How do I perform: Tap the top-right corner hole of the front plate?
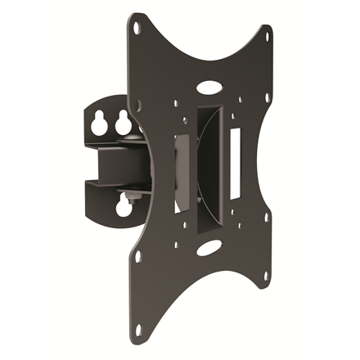(x=267, y=36)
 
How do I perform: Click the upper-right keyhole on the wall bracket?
(x=123, y=124)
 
